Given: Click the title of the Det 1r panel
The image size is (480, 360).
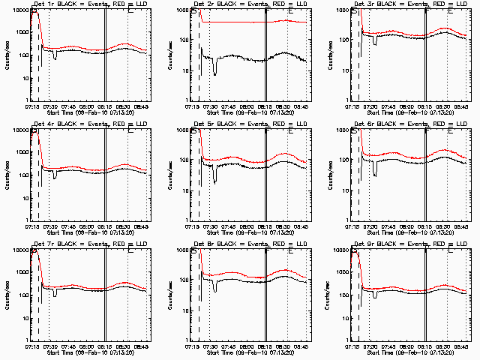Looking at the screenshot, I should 86,4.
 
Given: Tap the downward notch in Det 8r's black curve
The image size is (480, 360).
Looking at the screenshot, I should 214,288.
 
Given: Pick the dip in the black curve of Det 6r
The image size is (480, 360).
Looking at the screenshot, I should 375,172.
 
